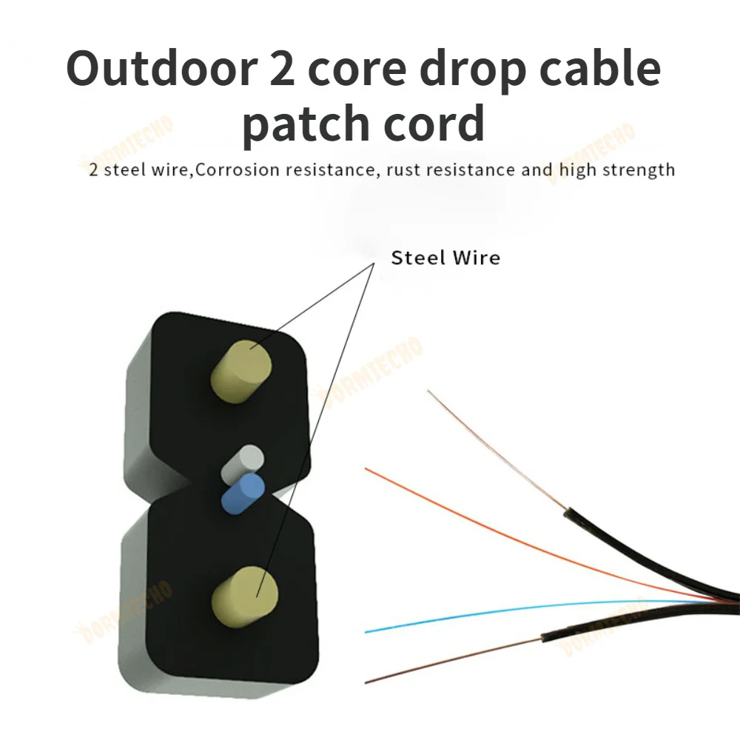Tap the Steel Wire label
pos(445,258)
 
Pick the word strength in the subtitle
pos(638,170)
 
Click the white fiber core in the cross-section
pos(245,460)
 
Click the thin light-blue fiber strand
pos(481,615)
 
